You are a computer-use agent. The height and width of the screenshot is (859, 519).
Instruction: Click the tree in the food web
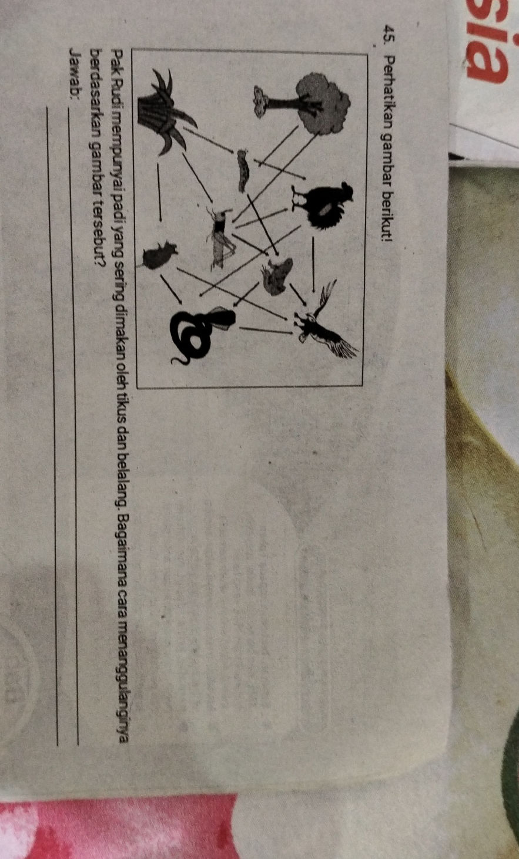tap(303, 102)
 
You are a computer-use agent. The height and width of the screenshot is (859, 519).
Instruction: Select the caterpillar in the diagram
tap(243, 171)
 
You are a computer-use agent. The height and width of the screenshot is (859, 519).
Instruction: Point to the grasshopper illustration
tap(221, 238)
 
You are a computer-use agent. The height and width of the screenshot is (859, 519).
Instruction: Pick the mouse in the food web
tap(159, 255)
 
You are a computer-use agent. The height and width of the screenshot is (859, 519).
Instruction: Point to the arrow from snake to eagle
tap(266, 331)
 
